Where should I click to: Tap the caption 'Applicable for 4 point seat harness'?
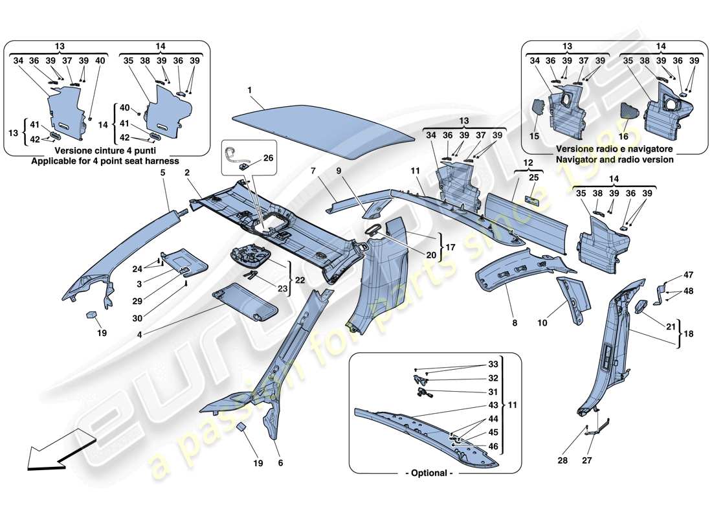click(107, 161)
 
